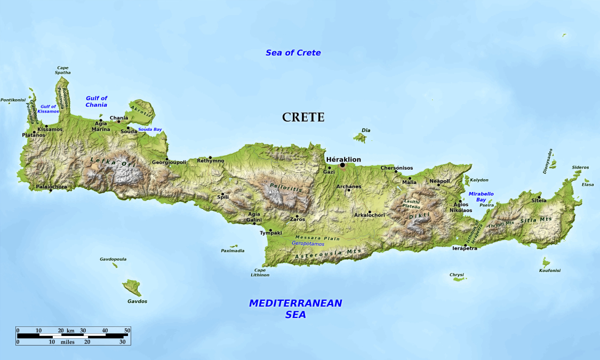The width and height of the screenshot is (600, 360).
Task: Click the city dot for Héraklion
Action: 342,165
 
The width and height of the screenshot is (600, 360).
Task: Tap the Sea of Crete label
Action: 293,53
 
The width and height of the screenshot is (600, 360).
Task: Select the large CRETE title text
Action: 303,117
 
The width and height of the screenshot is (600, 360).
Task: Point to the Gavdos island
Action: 132,287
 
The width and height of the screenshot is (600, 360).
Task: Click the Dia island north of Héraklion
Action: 361,138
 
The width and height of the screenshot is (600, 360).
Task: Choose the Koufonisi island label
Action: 550,270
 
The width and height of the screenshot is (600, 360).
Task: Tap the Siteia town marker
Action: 539,196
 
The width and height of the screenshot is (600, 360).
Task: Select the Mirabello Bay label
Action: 481,196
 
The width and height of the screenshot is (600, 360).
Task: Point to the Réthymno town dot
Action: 210,157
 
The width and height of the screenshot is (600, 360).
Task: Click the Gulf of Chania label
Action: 97,101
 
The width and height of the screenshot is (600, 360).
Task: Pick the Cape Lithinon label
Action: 260,273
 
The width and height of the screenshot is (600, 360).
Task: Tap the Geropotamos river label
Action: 308,244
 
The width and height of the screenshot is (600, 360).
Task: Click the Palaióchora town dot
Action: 51,190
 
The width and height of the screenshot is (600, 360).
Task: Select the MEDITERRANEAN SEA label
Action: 295,309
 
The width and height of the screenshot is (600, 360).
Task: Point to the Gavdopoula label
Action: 113,259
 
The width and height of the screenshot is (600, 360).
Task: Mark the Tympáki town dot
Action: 270,230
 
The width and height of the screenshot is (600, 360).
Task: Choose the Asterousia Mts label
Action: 327,254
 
